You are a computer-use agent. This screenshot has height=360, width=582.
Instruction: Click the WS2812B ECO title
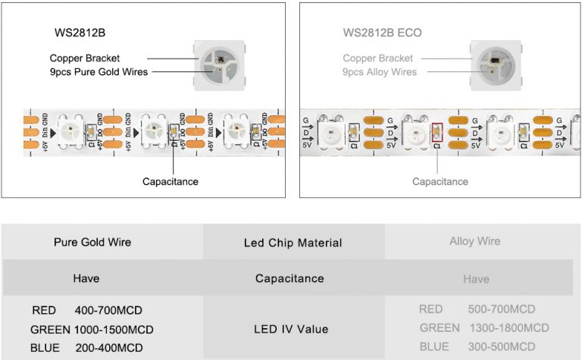(x=382, y=33)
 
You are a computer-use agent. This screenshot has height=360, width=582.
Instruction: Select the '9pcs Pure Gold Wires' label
(x=98, y=73)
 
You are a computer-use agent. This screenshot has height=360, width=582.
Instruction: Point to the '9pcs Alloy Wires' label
(x=379, y=72)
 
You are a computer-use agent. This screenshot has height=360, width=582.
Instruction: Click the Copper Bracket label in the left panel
(x=85, y=58)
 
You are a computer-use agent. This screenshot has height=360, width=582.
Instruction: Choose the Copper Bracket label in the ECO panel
(x=377, y=58)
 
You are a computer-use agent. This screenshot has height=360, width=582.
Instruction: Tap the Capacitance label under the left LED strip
(x=171, y=181)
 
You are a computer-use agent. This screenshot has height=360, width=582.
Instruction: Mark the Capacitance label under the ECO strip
(x=440, y=181)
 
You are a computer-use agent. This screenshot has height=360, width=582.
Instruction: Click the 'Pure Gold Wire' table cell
(x=92, y=243)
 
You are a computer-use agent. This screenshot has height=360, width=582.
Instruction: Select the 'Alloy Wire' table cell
(x=475, y=242)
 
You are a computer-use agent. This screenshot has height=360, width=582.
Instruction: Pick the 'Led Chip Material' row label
(x=293, y=243)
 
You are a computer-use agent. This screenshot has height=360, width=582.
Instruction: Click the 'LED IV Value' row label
(x=292, y=329)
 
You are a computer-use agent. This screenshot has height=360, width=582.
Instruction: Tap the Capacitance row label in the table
(x=289, y=278)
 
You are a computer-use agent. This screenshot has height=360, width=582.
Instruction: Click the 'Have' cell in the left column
(x=86, y=278)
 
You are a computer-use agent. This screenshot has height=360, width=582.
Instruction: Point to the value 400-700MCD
(x=108, y=311)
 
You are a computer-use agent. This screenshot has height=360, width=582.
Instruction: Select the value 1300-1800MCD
(x=508, y=327)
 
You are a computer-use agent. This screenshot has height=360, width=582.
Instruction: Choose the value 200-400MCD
(x=108, y=348)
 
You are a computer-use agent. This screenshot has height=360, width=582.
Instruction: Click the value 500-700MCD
(x=502, y=309)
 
